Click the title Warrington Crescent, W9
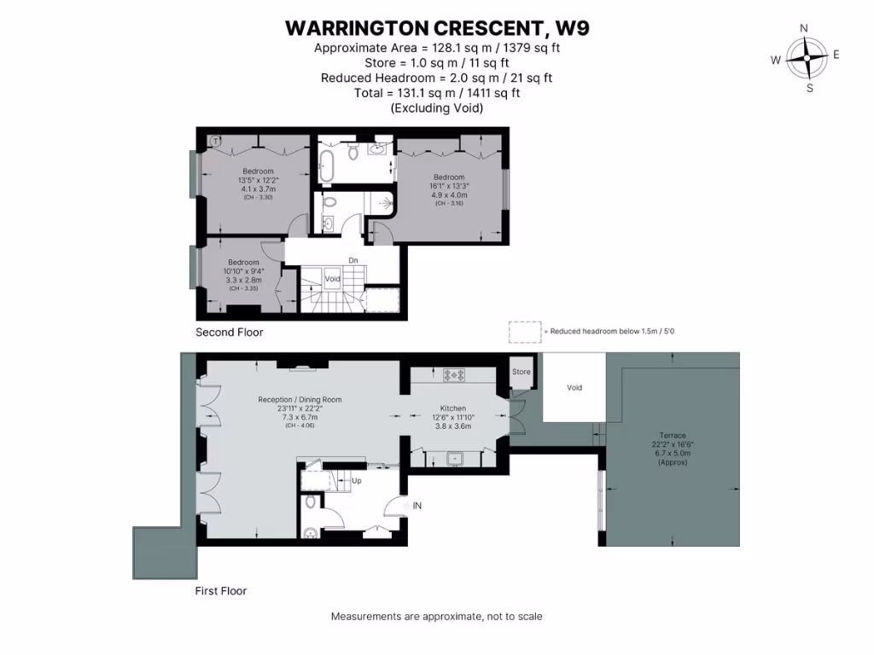pos(437,28)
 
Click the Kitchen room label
pos(452,409)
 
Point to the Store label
pos(521,372)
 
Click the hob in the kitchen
pos(452,374)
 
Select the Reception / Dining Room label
pos(300,399)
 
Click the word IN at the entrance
pos(417,506)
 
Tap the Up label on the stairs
pos(356,481)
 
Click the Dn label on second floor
pos(353,261)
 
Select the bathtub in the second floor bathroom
pos(325,165)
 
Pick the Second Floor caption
pos(230,333)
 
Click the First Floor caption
pos(221,590)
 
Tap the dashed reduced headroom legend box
pos(525,331)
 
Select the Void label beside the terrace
pos(574,387)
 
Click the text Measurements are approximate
pos(436,617)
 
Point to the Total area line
pos(437,93)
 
